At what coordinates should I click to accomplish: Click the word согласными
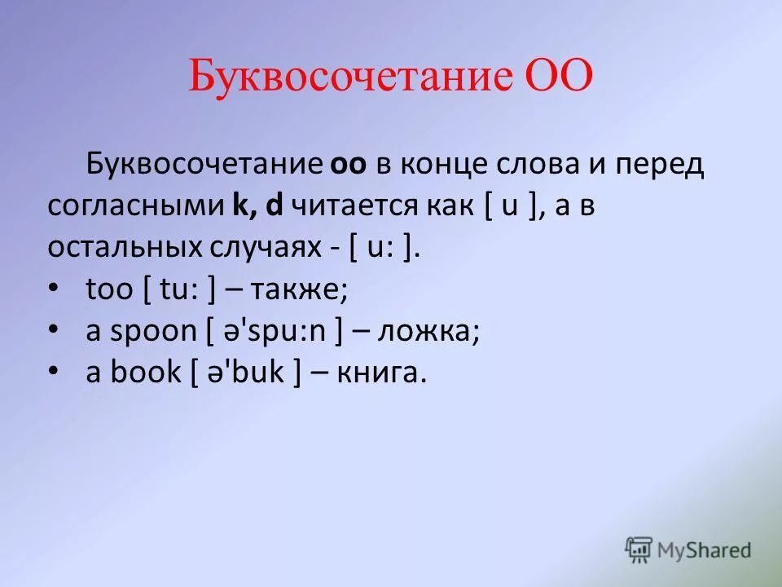(x=134, y=207)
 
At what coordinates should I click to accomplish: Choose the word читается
(x=351, y=207)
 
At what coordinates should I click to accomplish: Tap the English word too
(x=108, y=290)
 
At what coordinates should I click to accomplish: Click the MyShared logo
(x=688, y=549)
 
